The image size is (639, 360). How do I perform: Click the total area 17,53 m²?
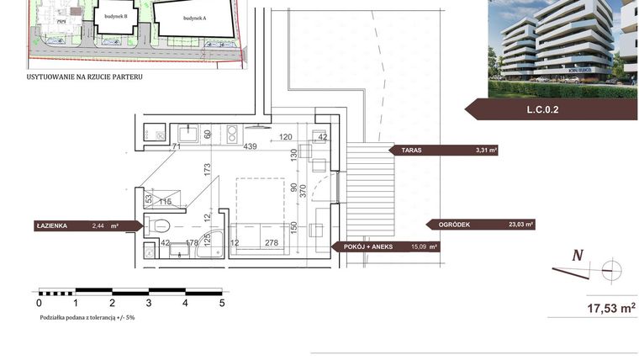610,308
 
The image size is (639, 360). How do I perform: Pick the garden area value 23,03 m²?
521,225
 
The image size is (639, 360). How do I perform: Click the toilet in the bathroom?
159,225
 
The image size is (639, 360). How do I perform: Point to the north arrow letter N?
578,256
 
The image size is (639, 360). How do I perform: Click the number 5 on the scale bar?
222,302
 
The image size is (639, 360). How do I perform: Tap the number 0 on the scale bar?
40,302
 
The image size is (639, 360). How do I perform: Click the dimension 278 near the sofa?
271,244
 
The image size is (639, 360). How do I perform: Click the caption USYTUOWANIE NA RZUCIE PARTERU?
84,77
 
